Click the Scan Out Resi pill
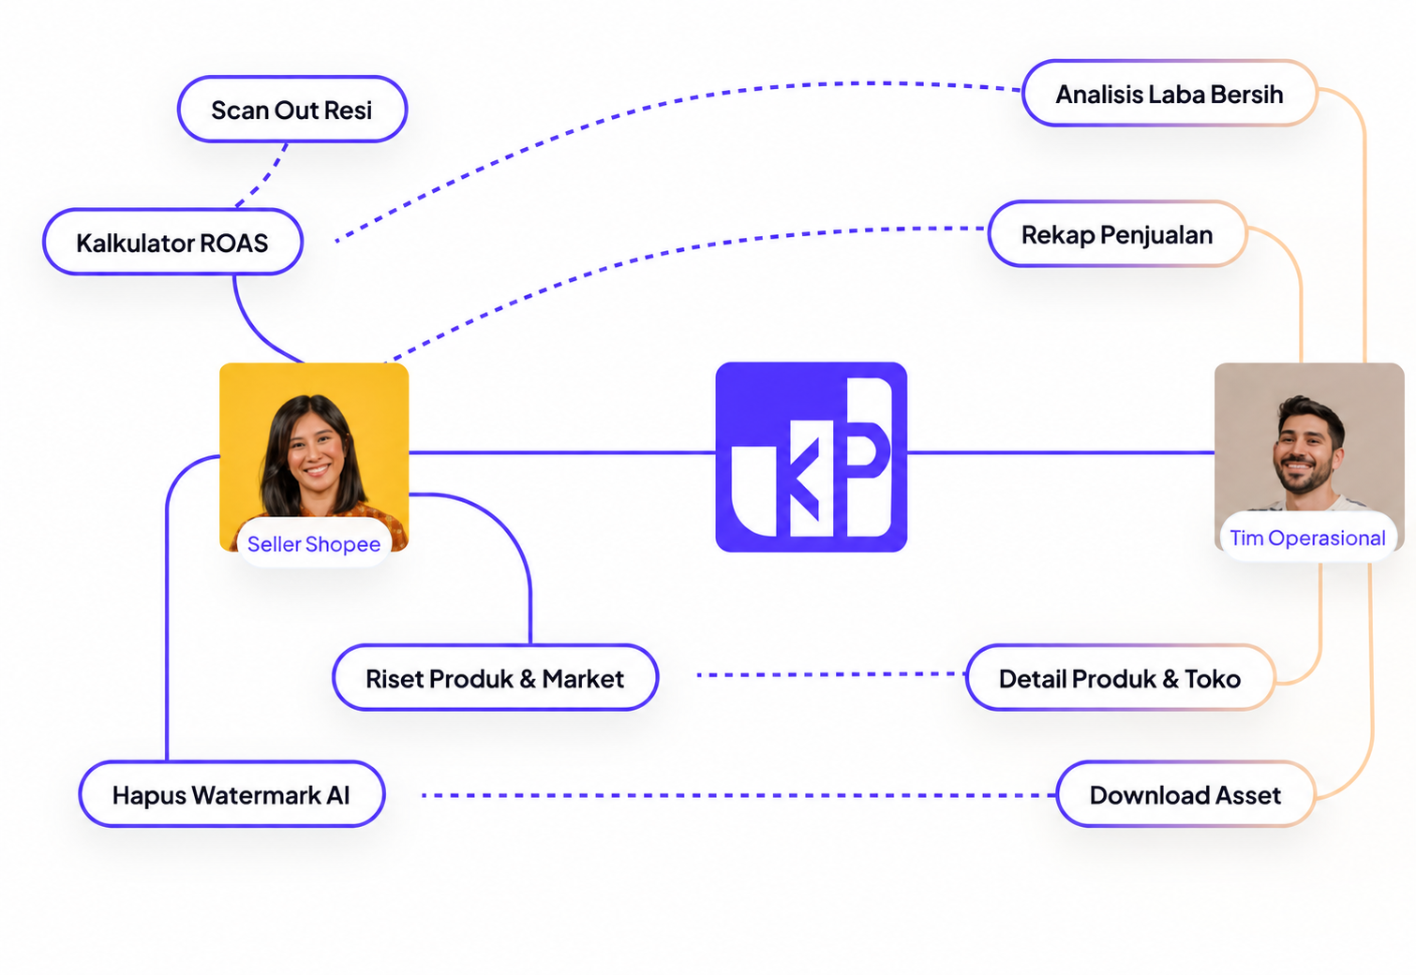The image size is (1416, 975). (292, 110)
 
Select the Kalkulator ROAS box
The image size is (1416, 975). (172, 242)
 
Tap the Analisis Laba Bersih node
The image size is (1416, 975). (1170, 94)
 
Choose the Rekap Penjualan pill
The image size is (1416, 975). (1117, 234)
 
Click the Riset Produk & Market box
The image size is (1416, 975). (495, 678)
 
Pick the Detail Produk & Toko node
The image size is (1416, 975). (1120, 678)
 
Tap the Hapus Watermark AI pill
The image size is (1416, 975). (231, 794)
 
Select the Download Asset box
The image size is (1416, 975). (1185, 794)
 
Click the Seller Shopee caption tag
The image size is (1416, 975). (314, 543)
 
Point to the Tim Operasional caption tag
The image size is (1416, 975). (1307, 538)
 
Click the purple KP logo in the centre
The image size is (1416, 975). (811, 457)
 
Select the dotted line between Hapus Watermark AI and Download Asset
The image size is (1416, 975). (738, 795)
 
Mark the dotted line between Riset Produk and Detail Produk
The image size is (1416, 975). (831, 675)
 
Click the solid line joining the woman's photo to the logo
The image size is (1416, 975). (562, 452)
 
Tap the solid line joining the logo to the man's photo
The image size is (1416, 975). (1061, 452)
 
